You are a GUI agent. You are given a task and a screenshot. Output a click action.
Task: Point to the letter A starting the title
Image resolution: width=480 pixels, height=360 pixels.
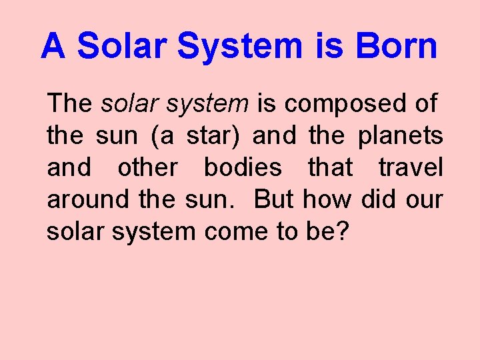[x=53, y=47]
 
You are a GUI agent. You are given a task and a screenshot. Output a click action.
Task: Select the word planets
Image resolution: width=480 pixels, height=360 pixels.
[x=400, y=136]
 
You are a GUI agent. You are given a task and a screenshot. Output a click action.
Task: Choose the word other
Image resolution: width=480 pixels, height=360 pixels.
[x=147, y=168]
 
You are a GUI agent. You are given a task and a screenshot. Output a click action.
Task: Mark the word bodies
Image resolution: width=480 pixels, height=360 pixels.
[x=243, y=168]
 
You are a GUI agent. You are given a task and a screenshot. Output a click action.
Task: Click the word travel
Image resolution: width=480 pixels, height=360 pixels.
[x=411, y=168]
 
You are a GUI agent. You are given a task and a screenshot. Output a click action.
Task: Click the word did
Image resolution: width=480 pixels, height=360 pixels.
[x=378, y=199]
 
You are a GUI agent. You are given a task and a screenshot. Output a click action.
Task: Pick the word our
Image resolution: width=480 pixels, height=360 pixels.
[x=423, y=199]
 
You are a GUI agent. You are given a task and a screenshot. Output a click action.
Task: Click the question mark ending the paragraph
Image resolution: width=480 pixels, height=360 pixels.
[x=342, y=231]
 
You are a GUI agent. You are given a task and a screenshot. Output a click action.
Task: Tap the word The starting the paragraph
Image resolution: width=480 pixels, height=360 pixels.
[x=69, y=104]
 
